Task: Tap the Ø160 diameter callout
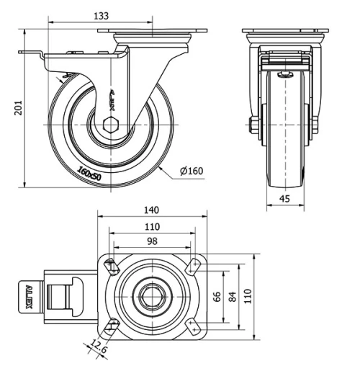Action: coord(192,171)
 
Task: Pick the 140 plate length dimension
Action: coord(151,210)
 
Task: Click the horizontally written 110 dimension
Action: coord(151,226)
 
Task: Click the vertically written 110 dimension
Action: coord(249,295)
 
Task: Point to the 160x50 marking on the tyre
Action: coord(89,171)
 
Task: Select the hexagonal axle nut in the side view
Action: coord(109,123)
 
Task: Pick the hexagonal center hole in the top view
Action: coord(152,295)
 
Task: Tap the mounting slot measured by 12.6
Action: coord(110,326)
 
